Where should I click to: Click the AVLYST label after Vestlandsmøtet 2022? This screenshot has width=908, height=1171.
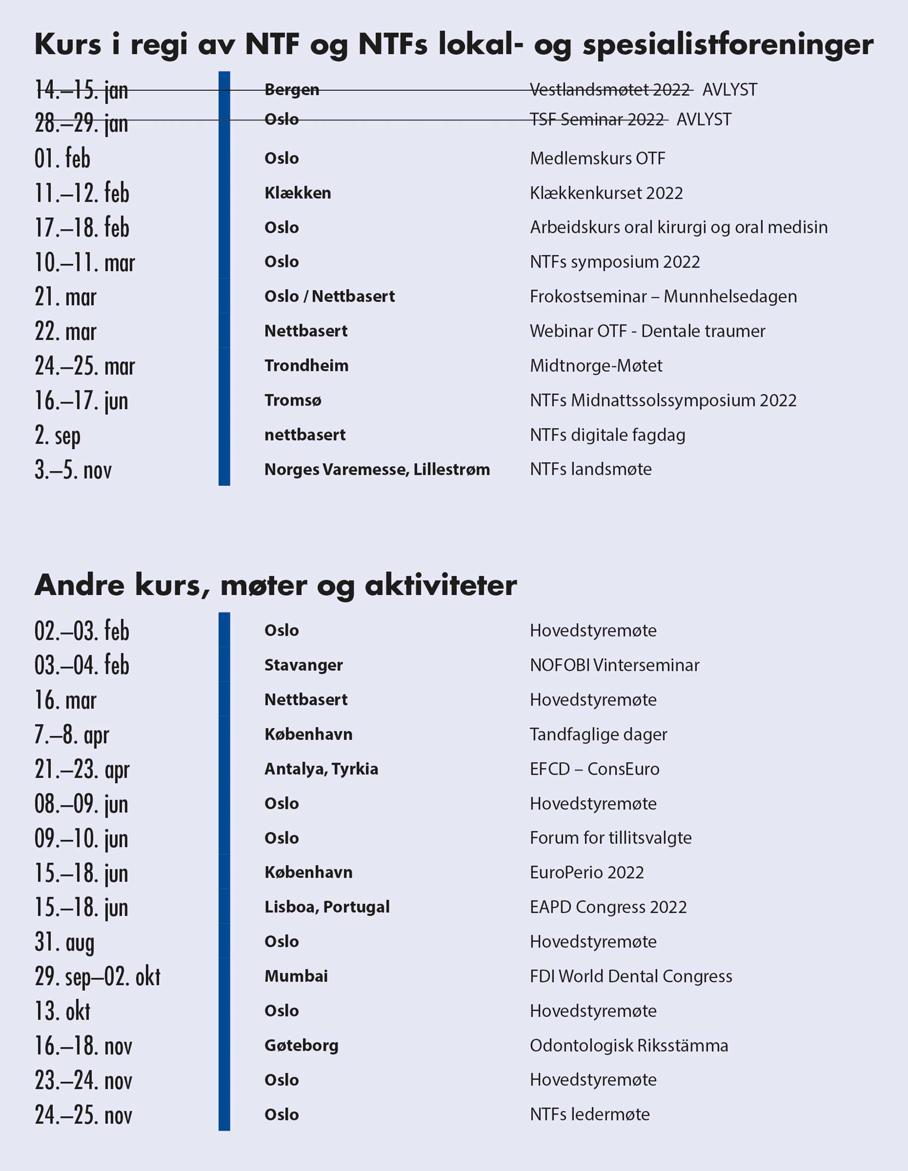pos(729,89)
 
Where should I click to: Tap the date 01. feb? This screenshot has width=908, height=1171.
pos(62,159)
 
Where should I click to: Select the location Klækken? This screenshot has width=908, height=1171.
pos(297,193)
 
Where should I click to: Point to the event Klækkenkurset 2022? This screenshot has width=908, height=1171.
pos(606,193)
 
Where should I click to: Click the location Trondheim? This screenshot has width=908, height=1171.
pos(306,365)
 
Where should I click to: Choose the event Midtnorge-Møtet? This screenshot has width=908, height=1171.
pos(596,365)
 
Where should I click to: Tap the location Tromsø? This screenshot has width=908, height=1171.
pos(293,400)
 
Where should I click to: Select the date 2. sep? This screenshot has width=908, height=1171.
pos(57,435)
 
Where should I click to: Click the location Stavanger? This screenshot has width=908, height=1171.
pos(304,665)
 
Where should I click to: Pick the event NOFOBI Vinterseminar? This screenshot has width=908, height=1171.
pos(615,665)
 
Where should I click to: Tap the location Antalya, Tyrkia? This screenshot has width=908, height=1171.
pos(321,769)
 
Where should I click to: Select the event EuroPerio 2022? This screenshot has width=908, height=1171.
pos(587,872)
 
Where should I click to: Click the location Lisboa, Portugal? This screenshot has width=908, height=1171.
pos(327,907)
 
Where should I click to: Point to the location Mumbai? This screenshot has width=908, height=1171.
pos(296,976)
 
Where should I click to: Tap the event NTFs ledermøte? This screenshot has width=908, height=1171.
pos(589,1114)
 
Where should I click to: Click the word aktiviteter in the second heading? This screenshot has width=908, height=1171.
pos(441,585)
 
